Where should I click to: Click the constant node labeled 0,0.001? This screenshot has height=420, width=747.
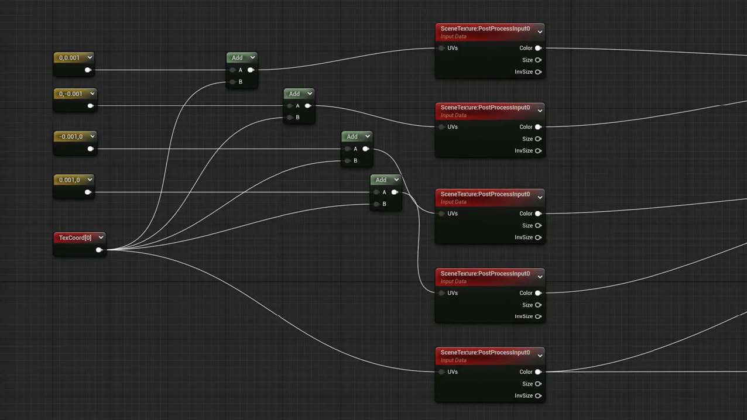[x=74, y=64]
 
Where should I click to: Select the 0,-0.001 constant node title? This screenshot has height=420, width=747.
[x=70, y=94]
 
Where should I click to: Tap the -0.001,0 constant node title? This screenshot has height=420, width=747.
[x=70, y=137]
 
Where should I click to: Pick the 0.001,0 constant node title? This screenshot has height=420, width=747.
[x=69, y=180]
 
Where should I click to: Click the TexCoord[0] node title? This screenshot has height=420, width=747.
[x=75, y=237]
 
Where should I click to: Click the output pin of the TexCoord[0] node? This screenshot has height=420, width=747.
[x=99, y=250]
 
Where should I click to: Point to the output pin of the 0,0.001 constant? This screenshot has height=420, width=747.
[x=88, y=70]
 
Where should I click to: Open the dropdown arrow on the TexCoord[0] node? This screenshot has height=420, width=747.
[x=101, y=237]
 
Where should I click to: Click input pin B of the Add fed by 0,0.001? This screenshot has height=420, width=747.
[x=233, y=82]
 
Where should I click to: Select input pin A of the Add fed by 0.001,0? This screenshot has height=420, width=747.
[x=376, y=192]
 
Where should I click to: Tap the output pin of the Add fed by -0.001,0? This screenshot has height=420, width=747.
[x=366, y=149]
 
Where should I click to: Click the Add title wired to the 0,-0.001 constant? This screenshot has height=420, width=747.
[x=294, y=94]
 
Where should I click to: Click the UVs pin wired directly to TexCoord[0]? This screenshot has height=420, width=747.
[x=442, y=372]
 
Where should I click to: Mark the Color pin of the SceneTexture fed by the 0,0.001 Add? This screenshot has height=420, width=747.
[x=538, y=48]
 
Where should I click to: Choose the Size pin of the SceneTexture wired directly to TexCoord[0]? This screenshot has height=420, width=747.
[x=538, y=384]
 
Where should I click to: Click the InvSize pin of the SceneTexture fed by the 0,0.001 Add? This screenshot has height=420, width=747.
[x=538, y=72]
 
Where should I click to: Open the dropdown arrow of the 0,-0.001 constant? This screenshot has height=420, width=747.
[x=92, y=94]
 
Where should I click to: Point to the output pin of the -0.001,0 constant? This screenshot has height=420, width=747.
[x=90, y=149]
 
